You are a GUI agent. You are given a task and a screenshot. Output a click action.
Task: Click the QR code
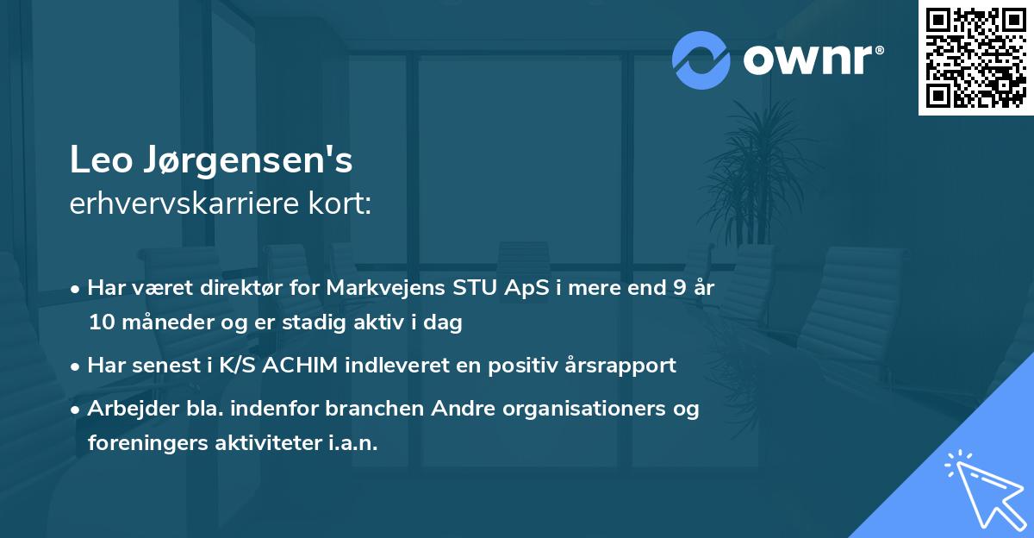click(x=975, y=57)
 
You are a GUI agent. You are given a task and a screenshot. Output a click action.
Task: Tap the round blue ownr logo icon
click(x=701, y=59)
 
